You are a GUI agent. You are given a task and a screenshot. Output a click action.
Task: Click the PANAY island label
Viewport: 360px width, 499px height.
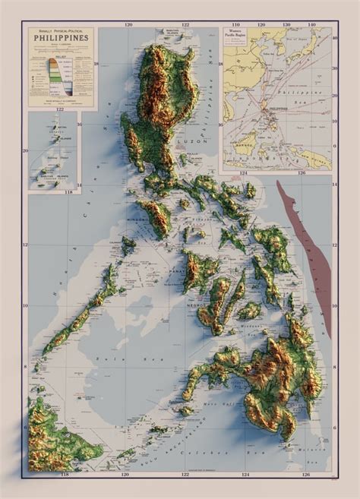click(193, 270)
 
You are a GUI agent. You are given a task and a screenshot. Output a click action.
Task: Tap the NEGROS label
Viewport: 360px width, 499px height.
click(197, 305)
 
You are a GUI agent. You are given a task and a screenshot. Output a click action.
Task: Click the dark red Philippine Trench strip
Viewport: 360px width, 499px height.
click(311, 251)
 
